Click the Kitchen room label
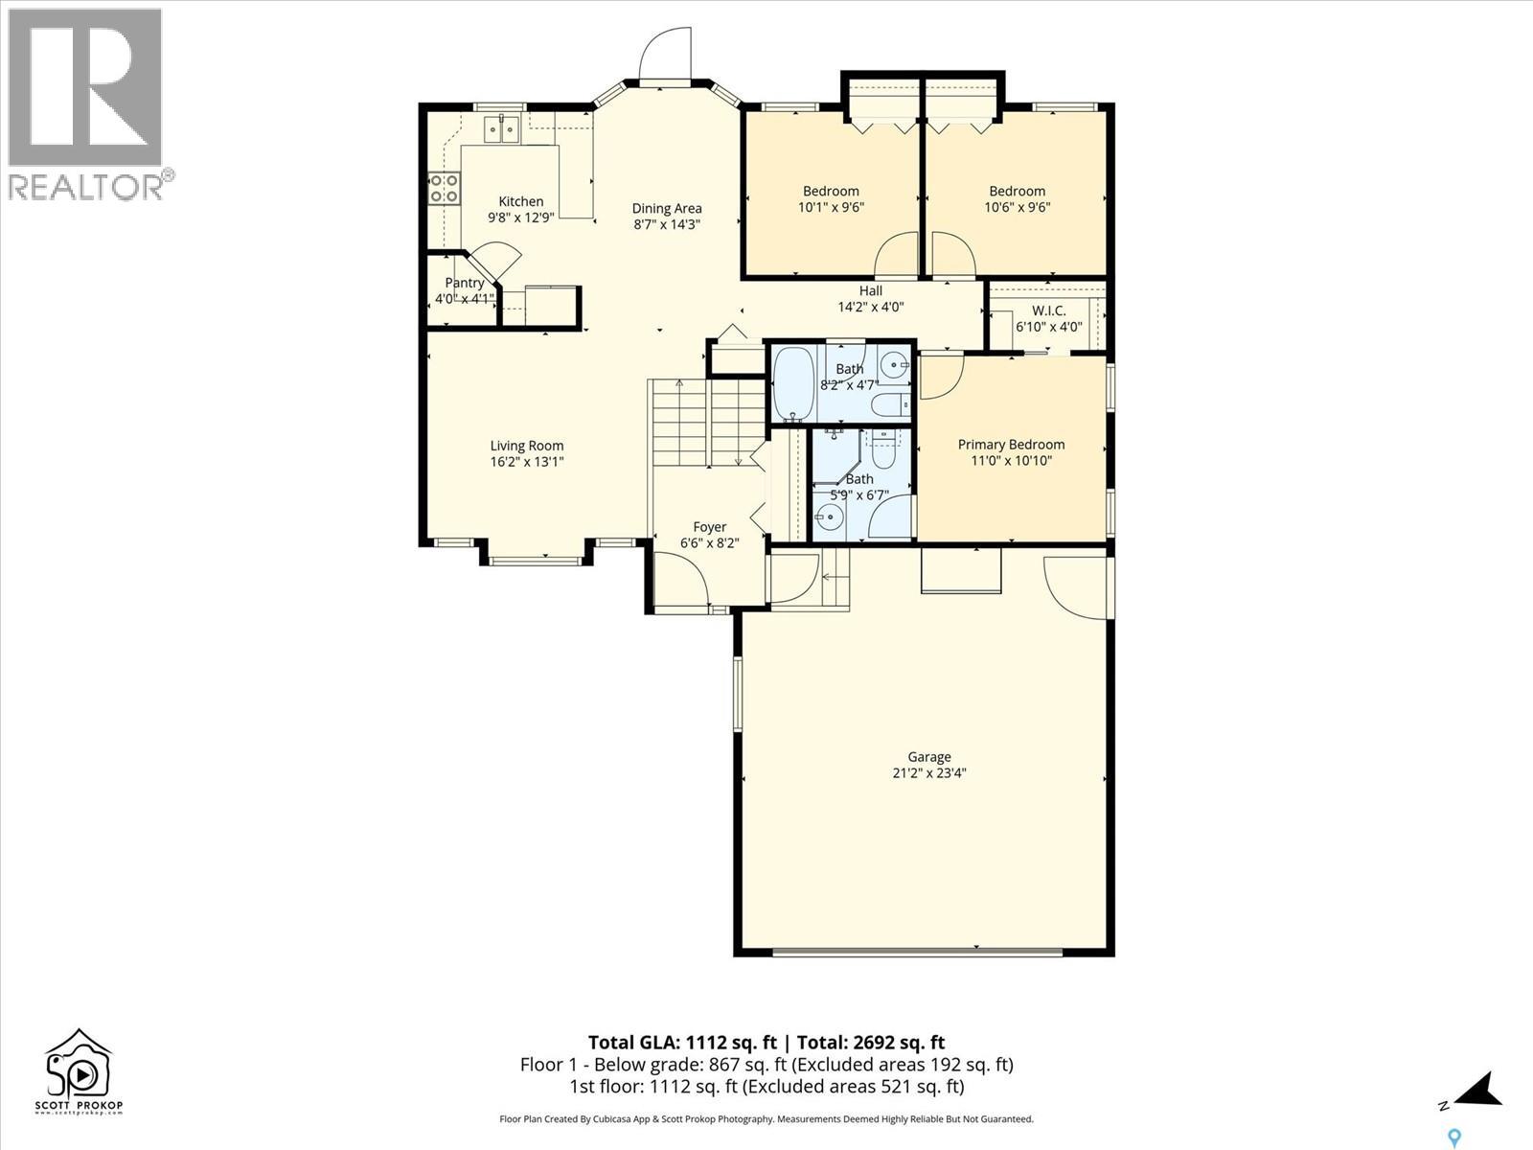[520, 201]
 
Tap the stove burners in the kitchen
[444, 188]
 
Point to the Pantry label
[465, 283]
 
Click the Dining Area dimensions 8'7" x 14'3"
[667, 224]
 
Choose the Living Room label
[527, 446]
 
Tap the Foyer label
[710, 527]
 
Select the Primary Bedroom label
[1011, 445]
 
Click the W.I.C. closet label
[1048, 310]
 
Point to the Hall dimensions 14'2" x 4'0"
[871, 308]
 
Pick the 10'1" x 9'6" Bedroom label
[831, 191]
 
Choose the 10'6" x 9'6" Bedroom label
[1018, 191]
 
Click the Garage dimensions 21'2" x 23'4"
[929, 773]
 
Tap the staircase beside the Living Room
[708, 423]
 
